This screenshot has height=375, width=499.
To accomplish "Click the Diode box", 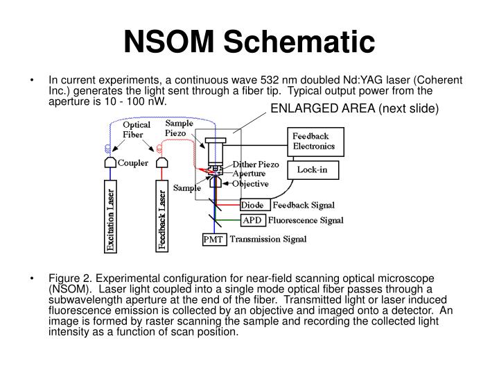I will point(252,205).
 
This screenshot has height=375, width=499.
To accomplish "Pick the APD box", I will point(252,221).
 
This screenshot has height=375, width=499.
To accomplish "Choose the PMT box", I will point(212,240).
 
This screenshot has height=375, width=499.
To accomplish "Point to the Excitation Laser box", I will point(110,218).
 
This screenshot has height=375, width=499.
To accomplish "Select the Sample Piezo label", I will point(180,128).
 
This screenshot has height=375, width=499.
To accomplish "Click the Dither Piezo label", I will point(255,165).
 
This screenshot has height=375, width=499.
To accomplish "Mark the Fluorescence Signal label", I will point(306,221).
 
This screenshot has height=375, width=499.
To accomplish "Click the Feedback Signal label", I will point(304,205).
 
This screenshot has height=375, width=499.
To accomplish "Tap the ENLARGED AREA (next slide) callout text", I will point(355,109).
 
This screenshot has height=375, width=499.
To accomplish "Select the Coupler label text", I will point(135,164).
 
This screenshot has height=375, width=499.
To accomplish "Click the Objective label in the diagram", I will point(251,183).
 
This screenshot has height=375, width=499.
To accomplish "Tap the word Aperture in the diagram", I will point(249,174).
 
